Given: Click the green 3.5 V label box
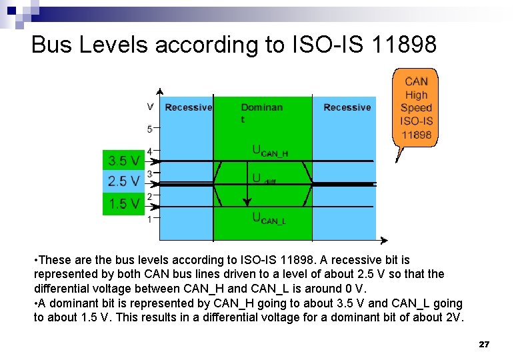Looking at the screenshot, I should click(x=124, y=161).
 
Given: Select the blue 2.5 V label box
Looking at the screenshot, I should click(x=124, y=181).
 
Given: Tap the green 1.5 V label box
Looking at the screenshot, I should click(x=124, y=204).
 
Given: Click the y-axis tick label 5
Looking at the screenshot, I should click(x=150, y=129).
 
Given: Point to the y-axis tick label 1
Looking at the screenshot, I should click(x=150, y=219).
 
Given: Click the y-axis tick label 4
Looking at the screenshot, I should click(x=150, y=151).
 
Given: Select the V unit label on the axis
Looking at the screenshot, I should click(x=150, y=107).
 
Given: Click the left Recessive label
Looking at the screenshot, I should click(x=188, y=107).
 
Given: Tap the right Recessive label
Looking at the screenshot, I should click(x=347, y=107).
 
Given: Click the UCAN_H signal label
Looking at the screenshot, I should click(x=269, y=151).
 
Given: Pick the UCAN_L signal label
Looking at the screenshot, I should click(x=268, y=218).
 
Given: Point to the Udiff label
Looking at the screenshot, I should click(x=264, y=179).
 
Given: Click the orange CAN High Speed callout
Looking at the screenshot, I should click(x=416, y=108).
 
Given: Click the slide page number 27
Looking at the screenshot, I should click(x=484, y=345).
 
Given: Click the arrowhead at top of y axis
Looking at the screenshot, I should click(x=159, y=91).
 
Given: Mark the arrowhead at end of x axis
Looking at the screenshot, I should click(x=383, y=240).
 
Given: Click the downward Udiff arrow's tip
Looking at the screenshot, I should click(x=247, y=204).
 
